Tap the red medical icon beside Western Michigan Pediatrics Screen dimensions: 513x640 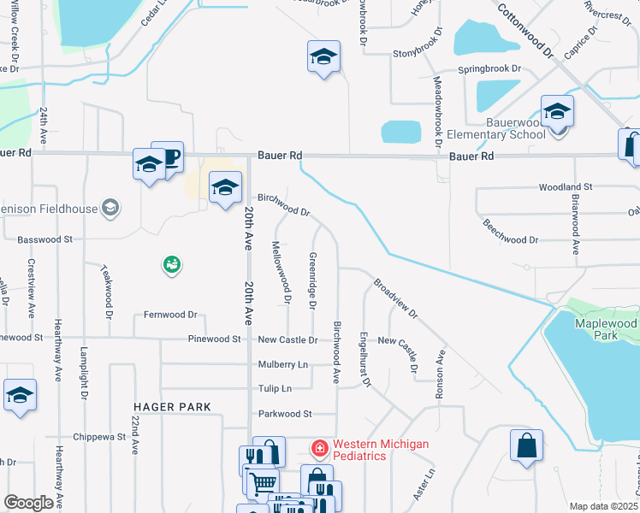[319, 447]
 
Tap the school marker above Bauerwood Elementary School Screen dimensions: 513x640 [557, 111]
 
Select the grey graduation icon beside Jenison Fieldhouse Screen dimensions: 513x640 [109, 207]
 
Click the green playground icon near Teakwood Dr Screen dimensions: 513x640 [172, 265]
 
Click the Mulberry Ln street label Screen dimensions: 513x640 [283, 364]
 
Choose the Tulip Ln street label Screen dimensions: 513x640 [276, 388]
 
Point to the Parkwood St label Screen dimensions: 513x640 [285, 414]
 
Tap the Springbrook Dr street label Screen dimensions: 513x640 [489, 68]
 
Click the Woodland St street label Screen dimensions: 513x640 [566, 186]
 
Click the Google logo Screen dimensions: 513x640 [29, 503]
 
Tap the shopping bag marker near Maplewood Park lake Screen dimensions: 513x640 [526, 445]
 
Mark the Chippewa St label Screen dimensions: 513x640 [100, 436]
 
